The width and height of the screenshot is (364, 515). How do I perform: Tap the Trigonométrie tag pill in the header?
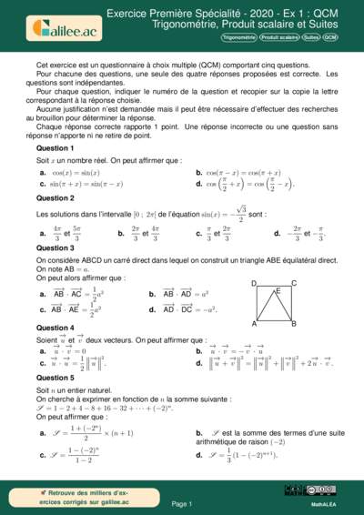(238, 38)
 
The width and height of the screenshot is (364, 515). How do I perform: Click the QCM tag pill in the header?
(330, 38)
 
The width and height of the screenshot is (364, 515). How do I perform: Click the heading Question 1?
(55, 147)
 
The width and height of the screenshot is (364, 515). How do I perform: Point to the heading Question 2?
(55, 197)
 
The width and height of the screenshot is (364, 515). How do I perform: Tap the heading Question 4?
(55, 328)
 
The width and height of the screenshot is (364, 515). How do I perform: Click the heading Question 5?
(55, 377)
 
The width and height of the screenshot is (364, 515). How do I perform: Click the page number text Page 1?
(182, 503)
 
